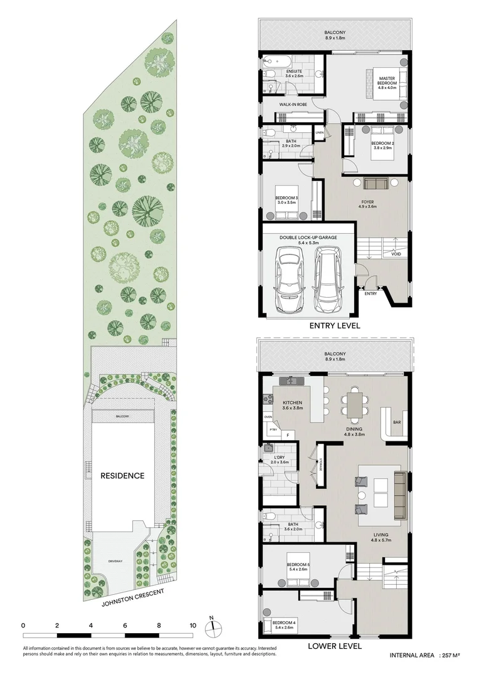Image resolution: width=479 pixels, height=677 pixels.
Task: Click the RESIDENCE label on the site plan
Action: tap(122, 476)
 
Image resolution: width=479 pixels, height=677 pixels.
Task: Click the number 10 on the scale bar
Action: tap(192, 625)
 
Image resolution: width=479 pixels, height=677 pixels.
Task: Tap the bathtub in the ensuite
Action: tap(275, 62)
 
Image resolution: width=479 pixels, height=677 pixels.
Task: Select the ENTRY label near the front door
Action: tap(371, 293)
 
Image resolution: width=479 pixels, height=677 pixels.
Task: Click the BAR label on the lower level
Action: tap(396, 422)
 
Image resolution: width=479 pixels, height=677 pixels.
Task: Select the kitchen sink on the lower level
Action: tap(292, 380)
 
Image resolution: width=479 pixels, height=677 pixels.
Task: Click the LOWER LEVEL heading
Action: tap(334, 645)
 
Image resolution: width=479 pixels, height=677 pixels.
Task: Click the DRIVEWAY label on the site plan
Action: tap(114, 561)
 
